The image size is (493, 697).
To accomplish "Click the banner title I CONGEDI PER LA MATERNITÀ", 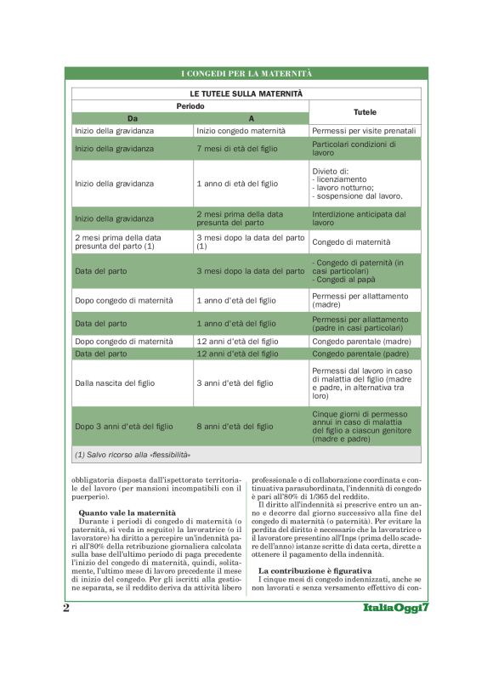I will pos(246,74).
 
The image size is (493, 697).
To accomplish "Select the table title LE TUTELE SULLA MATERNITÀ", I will pos(246,93).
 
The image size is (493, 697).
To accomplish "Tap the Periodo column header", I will pos(190,106).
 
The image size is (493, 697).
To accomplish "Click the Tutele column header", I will pos(364,112).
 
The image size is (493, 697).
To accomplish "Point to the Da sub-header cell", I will pos(132,118).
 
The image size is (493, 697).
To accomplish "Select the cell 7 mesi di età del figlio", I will pos(234,148).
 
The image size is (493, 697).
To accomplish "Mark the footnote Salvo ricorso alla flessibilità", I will pos(133,455).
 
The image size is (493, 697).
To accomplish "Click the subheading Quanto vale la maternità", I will pos(127,513).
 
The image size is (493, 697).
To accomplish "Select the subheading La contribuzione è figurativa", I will pos(314,569).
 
